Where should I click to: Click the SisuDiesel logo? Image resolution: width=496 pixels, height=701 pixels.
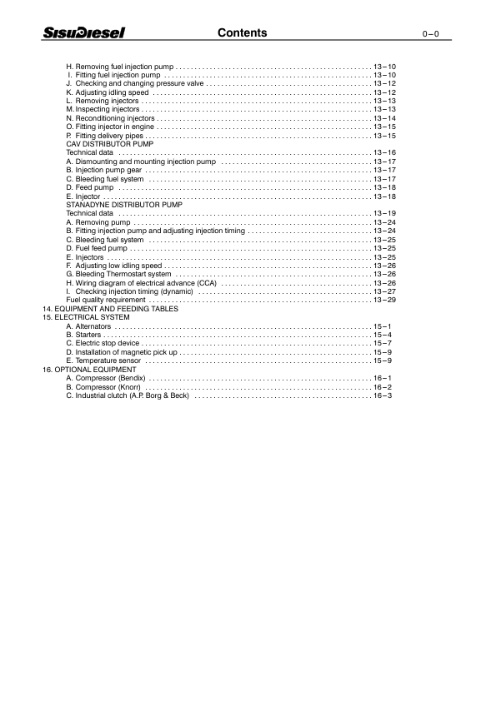point(84,33)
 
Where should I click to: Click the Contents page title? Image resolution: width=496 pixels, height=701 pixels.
point(242,33)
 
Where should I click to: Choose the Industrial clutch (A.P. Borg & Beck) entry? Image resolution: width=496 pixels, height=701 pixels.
point(128,395)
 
